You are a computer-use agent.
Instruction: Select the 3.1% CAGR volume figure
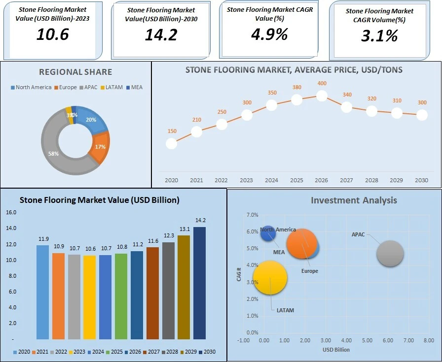point(378,35)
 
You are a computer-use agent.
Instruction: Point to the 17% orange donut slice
point(100,147)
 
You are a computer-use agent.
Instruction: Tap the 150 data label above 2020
point(172,131)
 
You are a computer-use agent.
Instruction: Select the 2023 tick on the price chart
point(247,180)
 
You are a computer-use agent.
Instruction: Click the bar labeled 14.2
point(199,283)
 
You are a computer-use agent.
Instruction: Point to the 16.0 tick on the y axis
point(11,213)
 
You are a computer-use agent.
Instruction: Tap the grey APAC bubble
point(390,254)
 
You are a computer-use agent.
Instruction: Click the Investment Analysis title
point(354,200)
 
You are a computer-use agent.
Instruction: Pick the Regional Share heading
point(76,72)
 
